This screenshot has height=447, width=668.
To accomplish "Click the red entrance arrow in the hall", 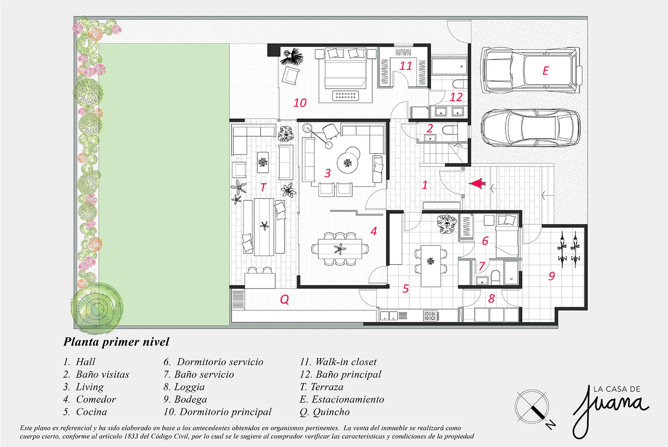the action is coord(477,183).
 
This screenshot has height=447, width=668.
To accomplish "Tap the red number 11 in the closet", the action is coord(406,65).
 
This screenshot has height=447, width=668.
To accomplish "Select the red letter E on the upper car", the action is coord(546,71).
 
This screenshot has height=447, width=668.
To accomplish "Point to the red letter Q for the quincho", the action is coord(285,299).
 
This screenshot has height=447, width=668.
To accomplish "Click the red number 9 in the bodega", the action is coord(552,276).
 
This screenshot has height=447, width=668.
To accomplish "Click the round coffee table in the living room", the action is coord(347,163).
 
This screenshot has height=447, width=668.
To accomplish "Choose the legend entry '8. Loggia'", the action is coord(184,387).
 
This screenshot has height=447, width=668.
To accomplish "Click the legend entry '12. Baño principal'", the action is coord(341,374).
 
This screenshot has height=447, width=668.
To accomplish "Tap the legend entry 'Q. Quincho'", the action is coord(325,412).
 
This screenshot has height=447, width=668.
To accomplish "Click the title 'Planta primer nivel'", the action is coord(116,342).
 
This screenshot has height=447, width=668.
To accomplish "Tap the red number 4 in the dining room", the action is coord(374,231).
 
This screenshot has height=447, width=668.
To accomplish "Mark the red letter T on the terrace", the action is coord(263,187).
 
